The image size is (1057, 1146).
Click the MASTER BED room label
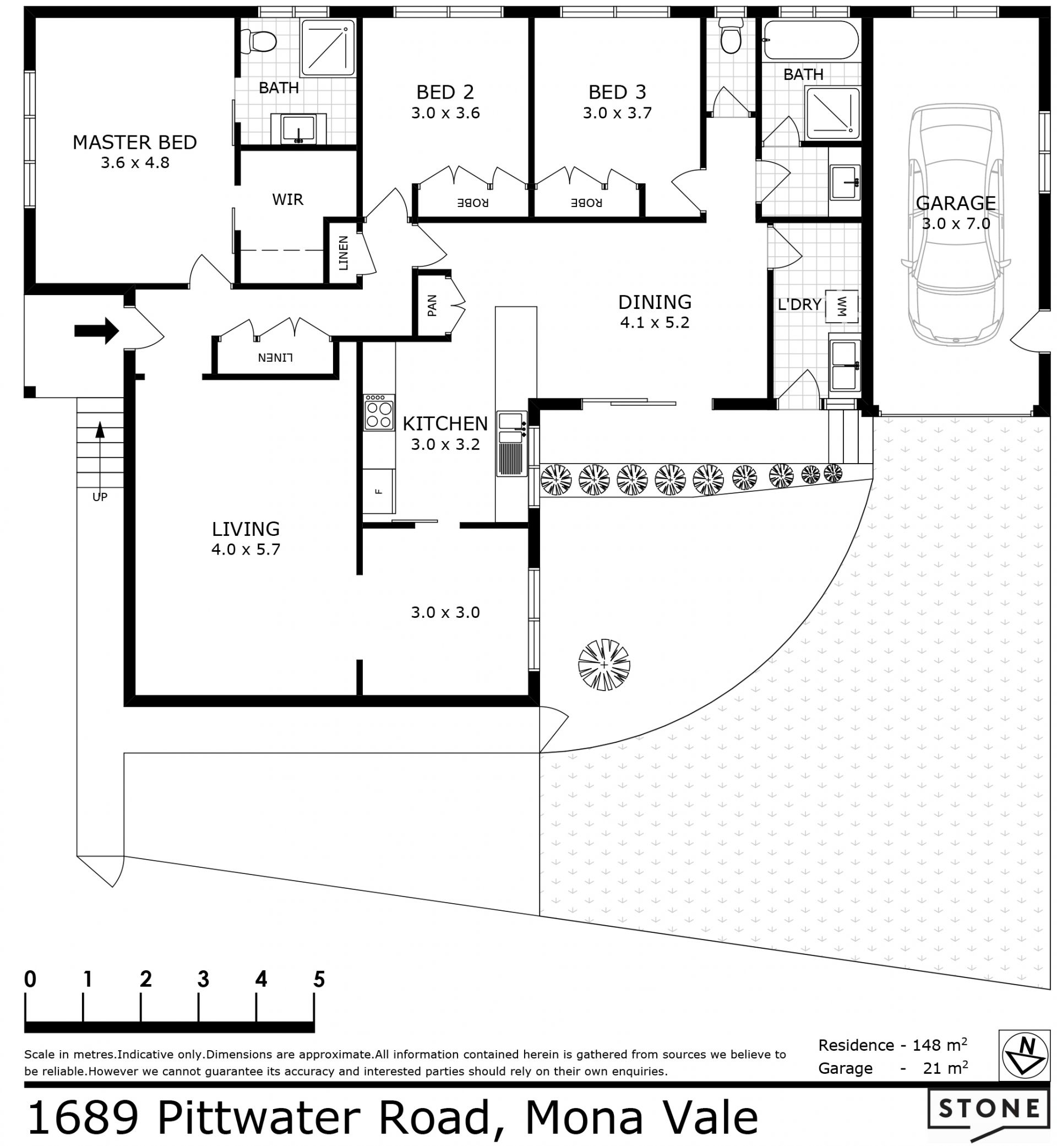point(134,142)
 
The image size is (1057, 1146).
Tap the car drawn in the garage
point(956,224)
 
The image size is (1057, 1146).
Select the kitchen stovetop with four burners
point(379,412)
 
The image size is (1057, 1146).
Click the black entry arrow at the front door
point(96,331)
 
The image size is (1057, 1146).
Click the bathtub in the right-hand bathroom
point(811,40)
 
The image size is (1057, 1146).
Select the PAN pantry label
point(432,306)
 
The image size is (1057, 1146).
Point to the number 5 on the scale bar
point(319,979)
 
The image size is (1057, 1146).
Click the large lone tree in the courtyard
point(604,665)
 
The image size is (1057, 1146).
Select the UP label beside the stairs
point(100,497)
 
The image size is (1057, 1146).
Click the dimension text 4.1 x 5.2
point(655,322)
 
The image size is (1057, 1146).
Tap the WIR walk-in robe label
point(288,199)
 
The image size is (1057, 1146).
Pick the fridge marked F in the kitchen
point(378,491)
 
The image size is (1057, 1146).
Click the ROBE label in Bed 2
point(472,203)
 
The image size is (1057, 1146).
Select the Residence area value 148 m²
point(940,1045)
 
